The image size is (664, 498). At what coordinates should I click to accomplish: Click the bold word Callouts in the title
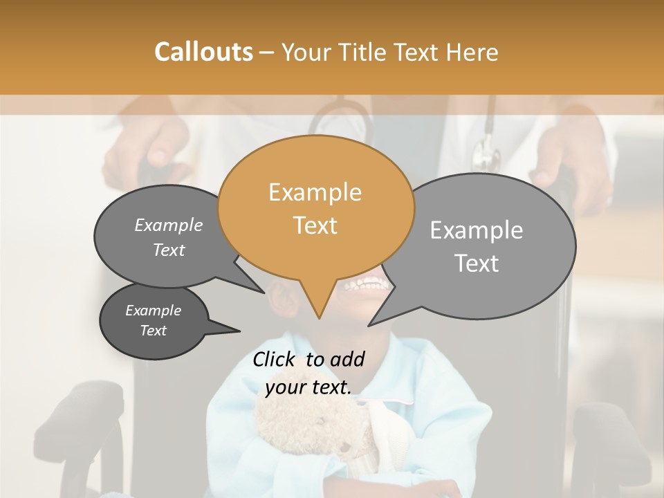click(203, 52)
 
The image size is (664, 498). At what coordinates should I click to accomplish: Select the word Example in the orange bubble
click(315, 192)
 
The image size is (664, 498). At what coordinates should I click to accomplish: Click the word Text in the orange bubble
click(315, 225)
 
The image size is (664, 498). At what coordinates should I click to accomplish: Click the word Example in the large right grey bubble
click(477, 230)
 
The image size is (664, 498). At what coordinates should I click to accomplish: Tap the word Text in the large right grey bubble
click(477, 264)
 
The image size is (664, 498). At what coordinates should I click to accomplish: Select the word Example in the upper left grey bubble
click(169, 225)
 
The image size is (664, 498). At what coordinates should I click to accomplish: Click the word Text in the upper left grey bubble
click(169, 250)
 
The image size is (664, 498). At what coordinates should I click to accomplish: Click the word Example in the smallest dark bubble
click(154, 311)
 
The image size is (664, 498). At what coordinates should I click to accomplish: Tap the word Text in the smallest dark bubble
click(154, 331)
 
